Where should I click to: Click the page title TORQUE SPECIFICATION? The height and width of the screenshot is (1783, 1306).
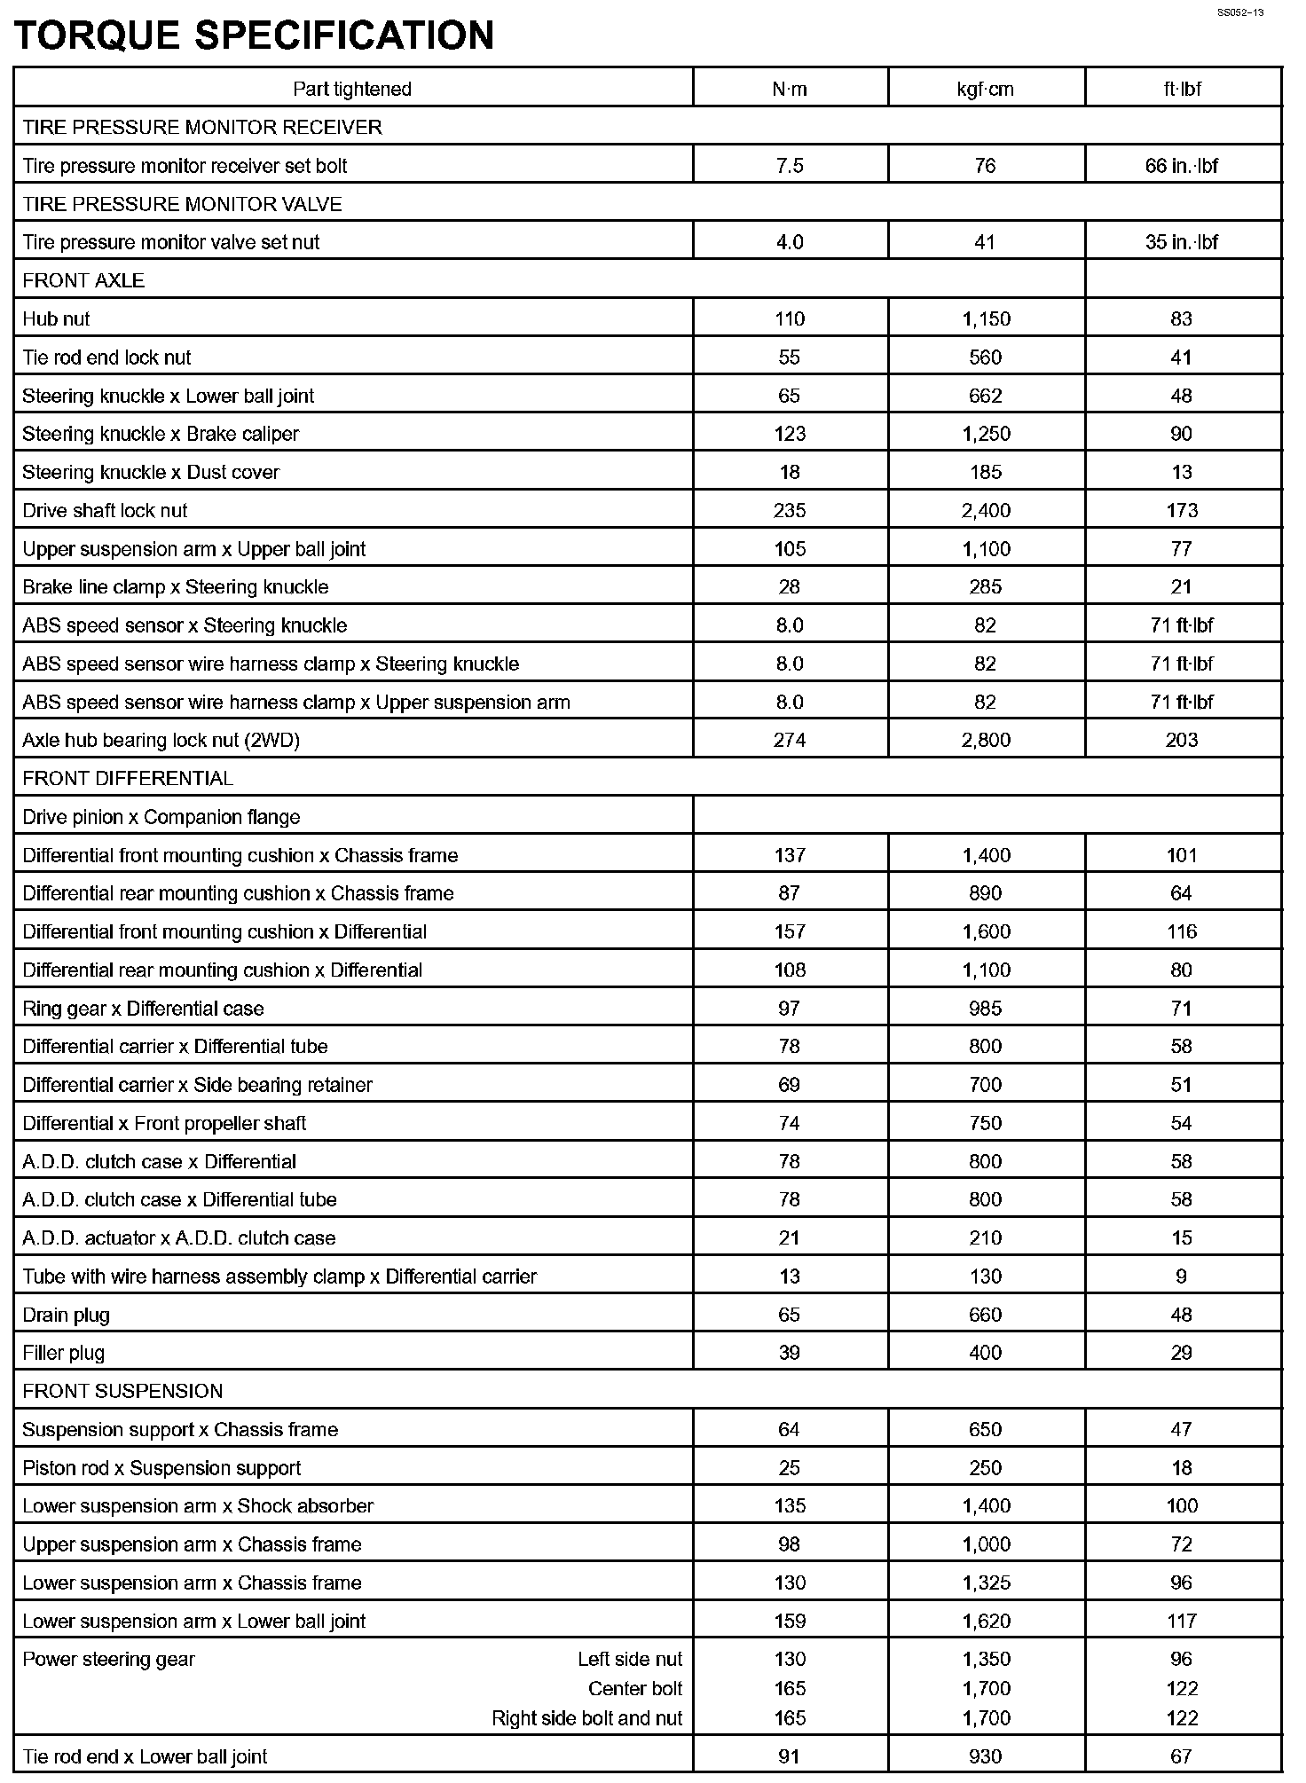point(255,35)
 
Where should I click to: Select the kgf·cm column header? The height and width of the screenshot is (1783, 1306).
point(985,89)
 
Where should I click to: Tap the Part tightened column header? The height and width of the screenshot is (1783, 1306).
point(352,89)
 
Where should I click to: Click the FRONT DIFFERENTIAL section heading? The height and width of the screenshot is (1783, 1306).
point(128,779)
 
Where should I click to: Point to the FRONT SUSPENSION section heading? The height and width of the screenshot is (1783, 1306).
point(122,1391)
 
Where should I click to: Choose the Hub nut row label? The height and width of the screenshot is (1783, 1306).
point(56,318)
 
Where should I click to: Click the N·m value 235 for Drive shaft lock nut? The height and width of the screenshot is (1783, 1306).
point(790,510)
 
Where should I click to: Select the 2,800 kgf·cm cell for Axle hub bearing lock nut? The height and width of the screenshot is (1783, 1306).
point(986,740)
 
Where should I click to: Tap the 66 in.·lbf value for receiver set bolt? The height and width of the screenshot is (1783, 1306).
point(1182,166)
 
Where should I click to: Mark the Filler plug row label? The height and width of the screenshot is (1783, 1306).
point(63,1353)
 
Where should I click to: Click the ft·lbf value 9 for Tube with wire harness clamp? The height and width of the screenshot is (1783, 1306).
point(1181,1276)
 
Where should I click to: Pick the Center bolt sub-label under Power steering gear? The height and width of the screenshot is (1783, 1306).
point(635,1688)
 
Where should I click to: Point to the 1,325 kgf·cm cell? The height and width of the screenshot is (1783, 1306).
point(986,1583)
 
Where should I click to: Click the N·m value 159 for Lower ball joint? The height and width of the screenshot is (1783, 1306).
point(790,1621)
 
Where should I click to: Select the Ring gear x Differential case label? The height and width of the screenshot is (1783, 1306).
point(143,1009)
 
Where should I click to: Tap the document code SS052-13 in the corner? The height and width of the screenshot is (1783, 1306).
point(1239,12)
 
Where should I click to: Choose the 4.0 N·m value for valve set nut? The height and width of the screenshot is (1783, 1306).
point(790,242)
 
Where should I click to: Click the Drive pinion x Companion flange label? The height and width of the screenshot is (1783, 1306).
point(161,817)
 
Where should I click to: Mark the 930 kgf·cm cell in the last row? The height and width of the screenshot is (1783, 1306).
point(986,1756)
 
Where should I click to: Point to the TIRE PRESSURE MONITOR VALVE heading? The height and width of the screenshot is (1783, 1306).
point(182,204)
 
